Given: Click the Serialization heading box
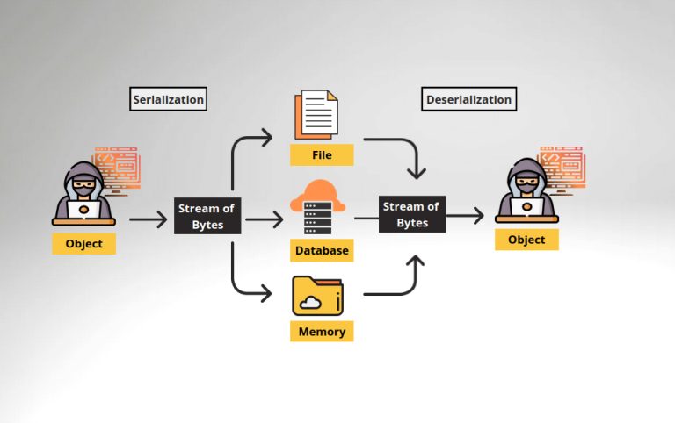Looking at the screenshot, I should click(168, 99).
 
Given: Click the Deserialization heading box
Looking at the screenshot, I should click(468, 99).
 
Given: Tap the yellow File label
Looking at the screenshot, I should click(322, 155).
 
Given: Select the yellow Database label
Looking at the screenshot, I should click(322, 250).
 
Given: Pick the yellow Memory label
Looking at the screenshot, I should click(322, 332).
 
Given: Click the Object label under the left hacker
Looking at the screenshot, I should click(84, 243).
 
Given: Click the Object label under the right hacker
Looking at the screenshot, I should click(526, 240).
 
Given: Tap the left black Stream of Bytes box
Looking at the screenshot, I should click(207, 217).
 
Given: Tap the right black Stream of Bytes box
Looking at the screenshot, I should click(412, 214).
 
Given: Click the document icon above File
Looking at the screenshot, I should click(316, 116).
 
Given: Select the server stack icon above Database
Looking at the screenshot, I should click(318, 219).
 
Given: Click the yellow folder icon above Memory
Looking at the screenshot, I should click(317, 296).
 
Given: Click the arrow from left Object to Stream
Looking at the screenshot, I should click(148, 219).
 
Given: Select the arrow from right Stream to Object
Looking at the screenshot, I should click(466, 215).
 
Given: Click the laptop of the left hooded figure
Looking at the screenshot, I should click(84, 211).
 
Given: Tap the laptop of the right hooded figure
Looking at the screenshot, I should click(526, 208).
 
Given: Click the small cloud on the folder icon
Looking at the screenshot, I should click(310, 303).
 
